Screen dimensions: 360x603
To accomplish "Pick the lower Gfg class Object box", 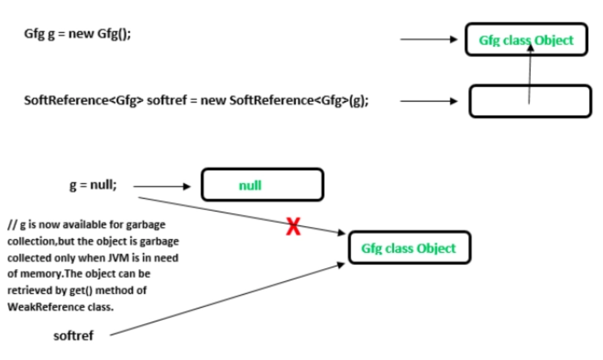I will click(409, 248).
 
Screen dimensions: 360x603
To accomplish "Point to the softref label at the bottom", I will click(73, 336).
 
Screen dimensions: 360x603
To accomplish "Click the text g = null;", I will click(93, 185).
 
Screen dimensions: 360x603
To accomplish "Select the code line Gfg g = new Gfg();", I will click(77, 34).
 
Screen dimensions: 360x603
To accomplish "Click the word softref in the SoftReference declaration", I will click(167, 101).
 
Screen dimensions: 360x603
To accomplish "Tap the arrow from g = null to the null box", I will click(161, 186).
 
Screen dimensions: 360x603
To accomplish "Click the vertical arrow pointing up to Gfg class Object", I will click(530, 73).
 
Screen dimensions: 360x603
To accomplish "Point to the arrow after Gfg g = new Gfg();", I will click(428, 39).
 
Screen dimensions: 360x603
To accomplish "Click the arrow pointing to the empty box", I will click(428, 101).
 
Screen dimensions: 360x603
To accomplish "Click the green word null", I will click(250, 185).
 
